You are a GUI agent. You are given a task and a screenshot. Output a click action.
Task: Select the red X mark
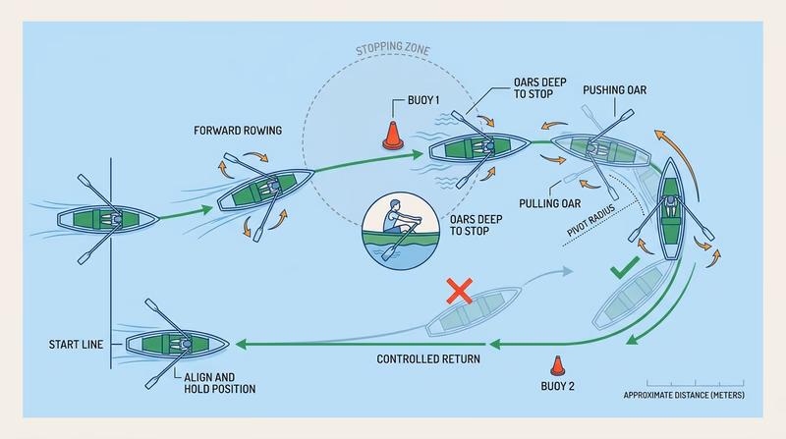click(457, 291)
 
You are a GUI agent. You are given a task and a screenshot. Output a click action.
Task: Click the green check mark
click(624, 266)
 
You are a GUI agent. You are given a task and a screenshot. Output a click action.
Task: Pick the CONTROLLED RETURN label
click(428, 359)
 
